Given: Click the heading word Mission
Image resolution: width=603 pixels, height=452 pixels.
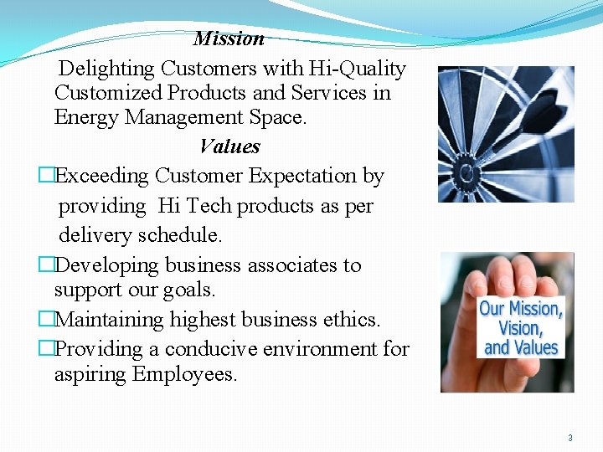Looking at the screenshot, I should (229, 39).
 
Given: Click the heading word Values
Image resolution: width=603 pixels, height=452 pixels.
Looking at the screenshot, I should (229, 147).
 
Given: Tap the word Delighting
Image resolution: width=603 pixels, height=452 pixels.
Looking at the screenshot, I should (107, 69).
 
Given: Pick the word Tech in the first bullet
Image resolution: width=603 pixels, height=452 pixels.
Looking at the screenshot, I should (209, 206).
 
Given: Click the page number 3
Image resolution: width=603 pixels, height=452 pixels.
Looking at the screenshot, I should (570, 438).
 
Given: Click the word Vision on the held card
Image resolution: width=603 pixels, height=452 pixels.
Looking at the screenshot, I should (520, 328).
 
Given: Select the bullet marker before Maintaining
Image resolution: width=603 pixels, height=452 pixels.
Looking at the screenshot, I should (47, 320).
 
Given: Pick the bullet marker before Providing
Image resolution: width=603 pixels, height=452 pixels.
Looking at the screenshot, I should (47, 349).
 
